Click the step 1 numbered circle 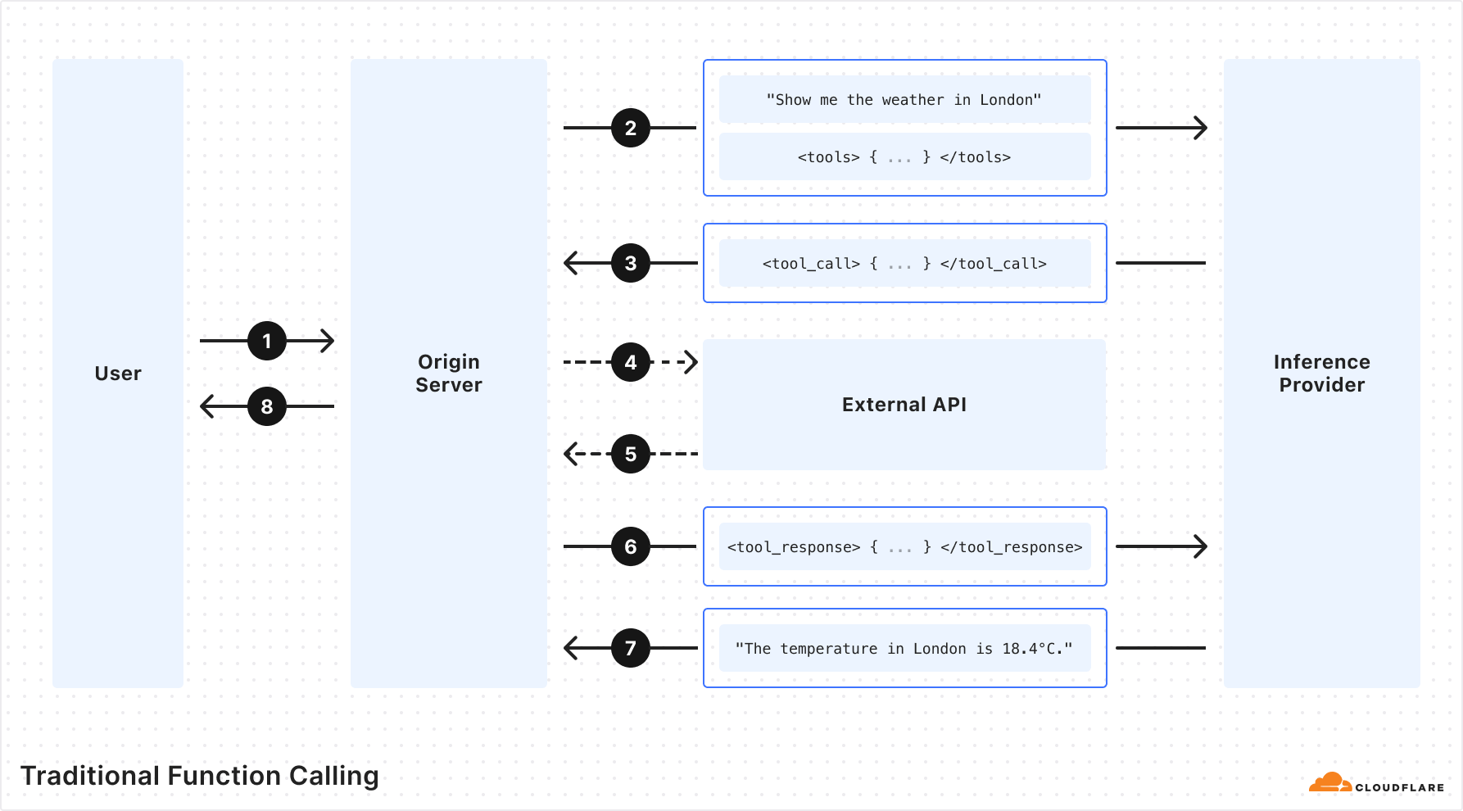(x=267, y=341)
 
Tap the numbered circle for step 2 (x=631, y=128)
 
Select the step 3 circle (x=631, y=263)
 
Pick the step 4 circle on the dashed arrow (x=631, y=362)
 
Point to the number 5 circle (x=631, y=454)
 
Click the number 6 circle (x=631, y=546)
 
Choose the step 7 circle (x=631, y=648)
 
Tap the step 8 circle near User (x=267, y=406)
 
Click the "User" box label (x=118, y=374)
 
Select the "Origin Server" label (x=449, y=374)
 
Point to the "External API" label (x=904, y=405)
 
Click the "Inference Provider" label (x=1322, y=374)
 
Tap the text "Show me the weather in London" (x=904, y=100)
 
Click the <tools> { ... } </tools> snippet (x=904, y=157)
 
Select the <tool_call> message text (x=904, y=264)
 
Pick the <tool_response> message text (x=904, y=547)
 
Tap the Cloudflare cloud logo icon (x=1330, y=782)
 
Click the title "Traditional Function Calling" (x=200, y=776)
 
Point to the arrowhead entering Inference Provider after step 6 (x=1200, y=546)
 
